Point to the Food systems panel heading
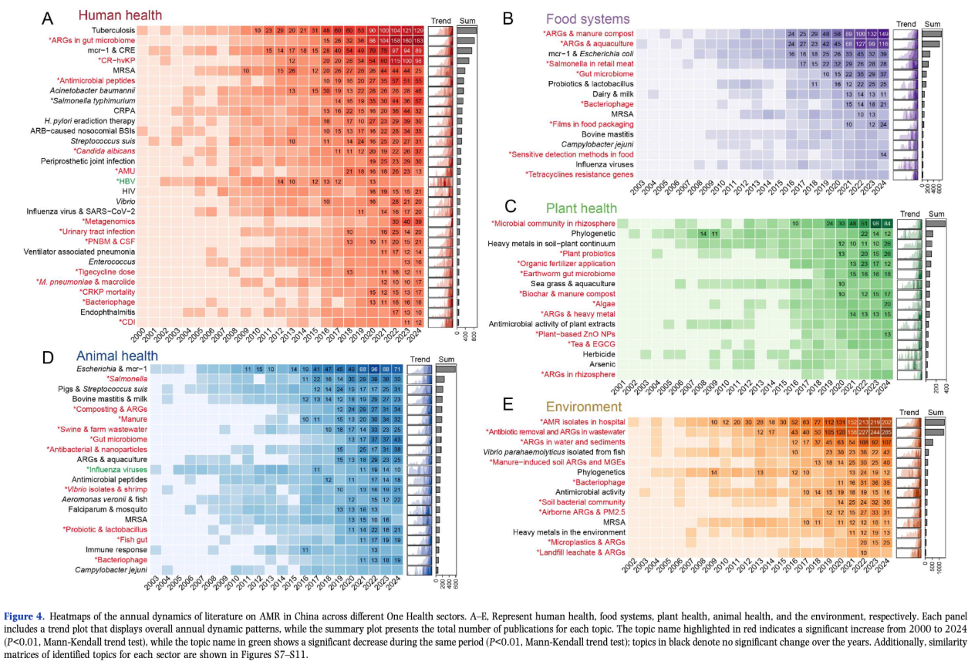[x=587, y=19]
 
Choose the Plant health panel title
[x=582, y=208]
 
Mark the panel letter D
[x=48, y=359]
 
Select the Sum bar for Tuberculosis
[x=467, y=30]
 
